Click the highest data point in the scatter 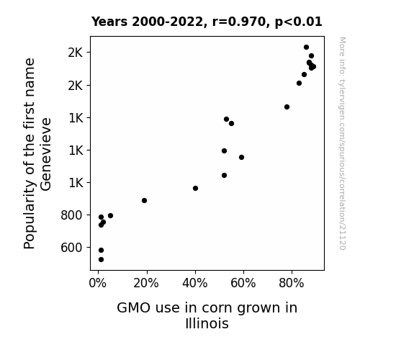click(x=306, y=48)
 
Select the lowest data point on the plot click(x=101, y=260)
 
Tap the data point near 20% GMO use click(x=144, y=200)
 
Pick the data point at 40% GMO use click(x=195, y=189)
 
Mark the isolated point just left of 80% click(x=287, y=107)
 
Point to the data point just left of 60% click(x=242, y=158)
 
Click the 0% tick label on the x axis click(x=98, y=284)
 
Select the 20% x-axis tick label click(x=146, y=284)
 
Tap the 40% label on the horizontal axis click(x=195, y=284)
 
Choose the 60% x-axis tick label click(x=243, y=284)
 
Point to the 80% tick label click(x=292, y=284)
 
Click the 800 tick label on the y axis click(x=72, y=215)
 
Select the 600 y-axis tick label click(x=72, y=248)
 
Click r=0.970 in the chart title click(x=239, y=22)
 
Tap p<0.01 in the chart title click(x=298, y=22)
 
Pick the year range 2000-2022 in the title click(x=167, y=22)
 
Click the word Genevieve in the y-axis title click(x=45, y=154)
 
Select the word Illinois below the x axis click(x=207, y=323)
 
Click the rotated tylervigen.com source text click(x=342, y=143)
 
